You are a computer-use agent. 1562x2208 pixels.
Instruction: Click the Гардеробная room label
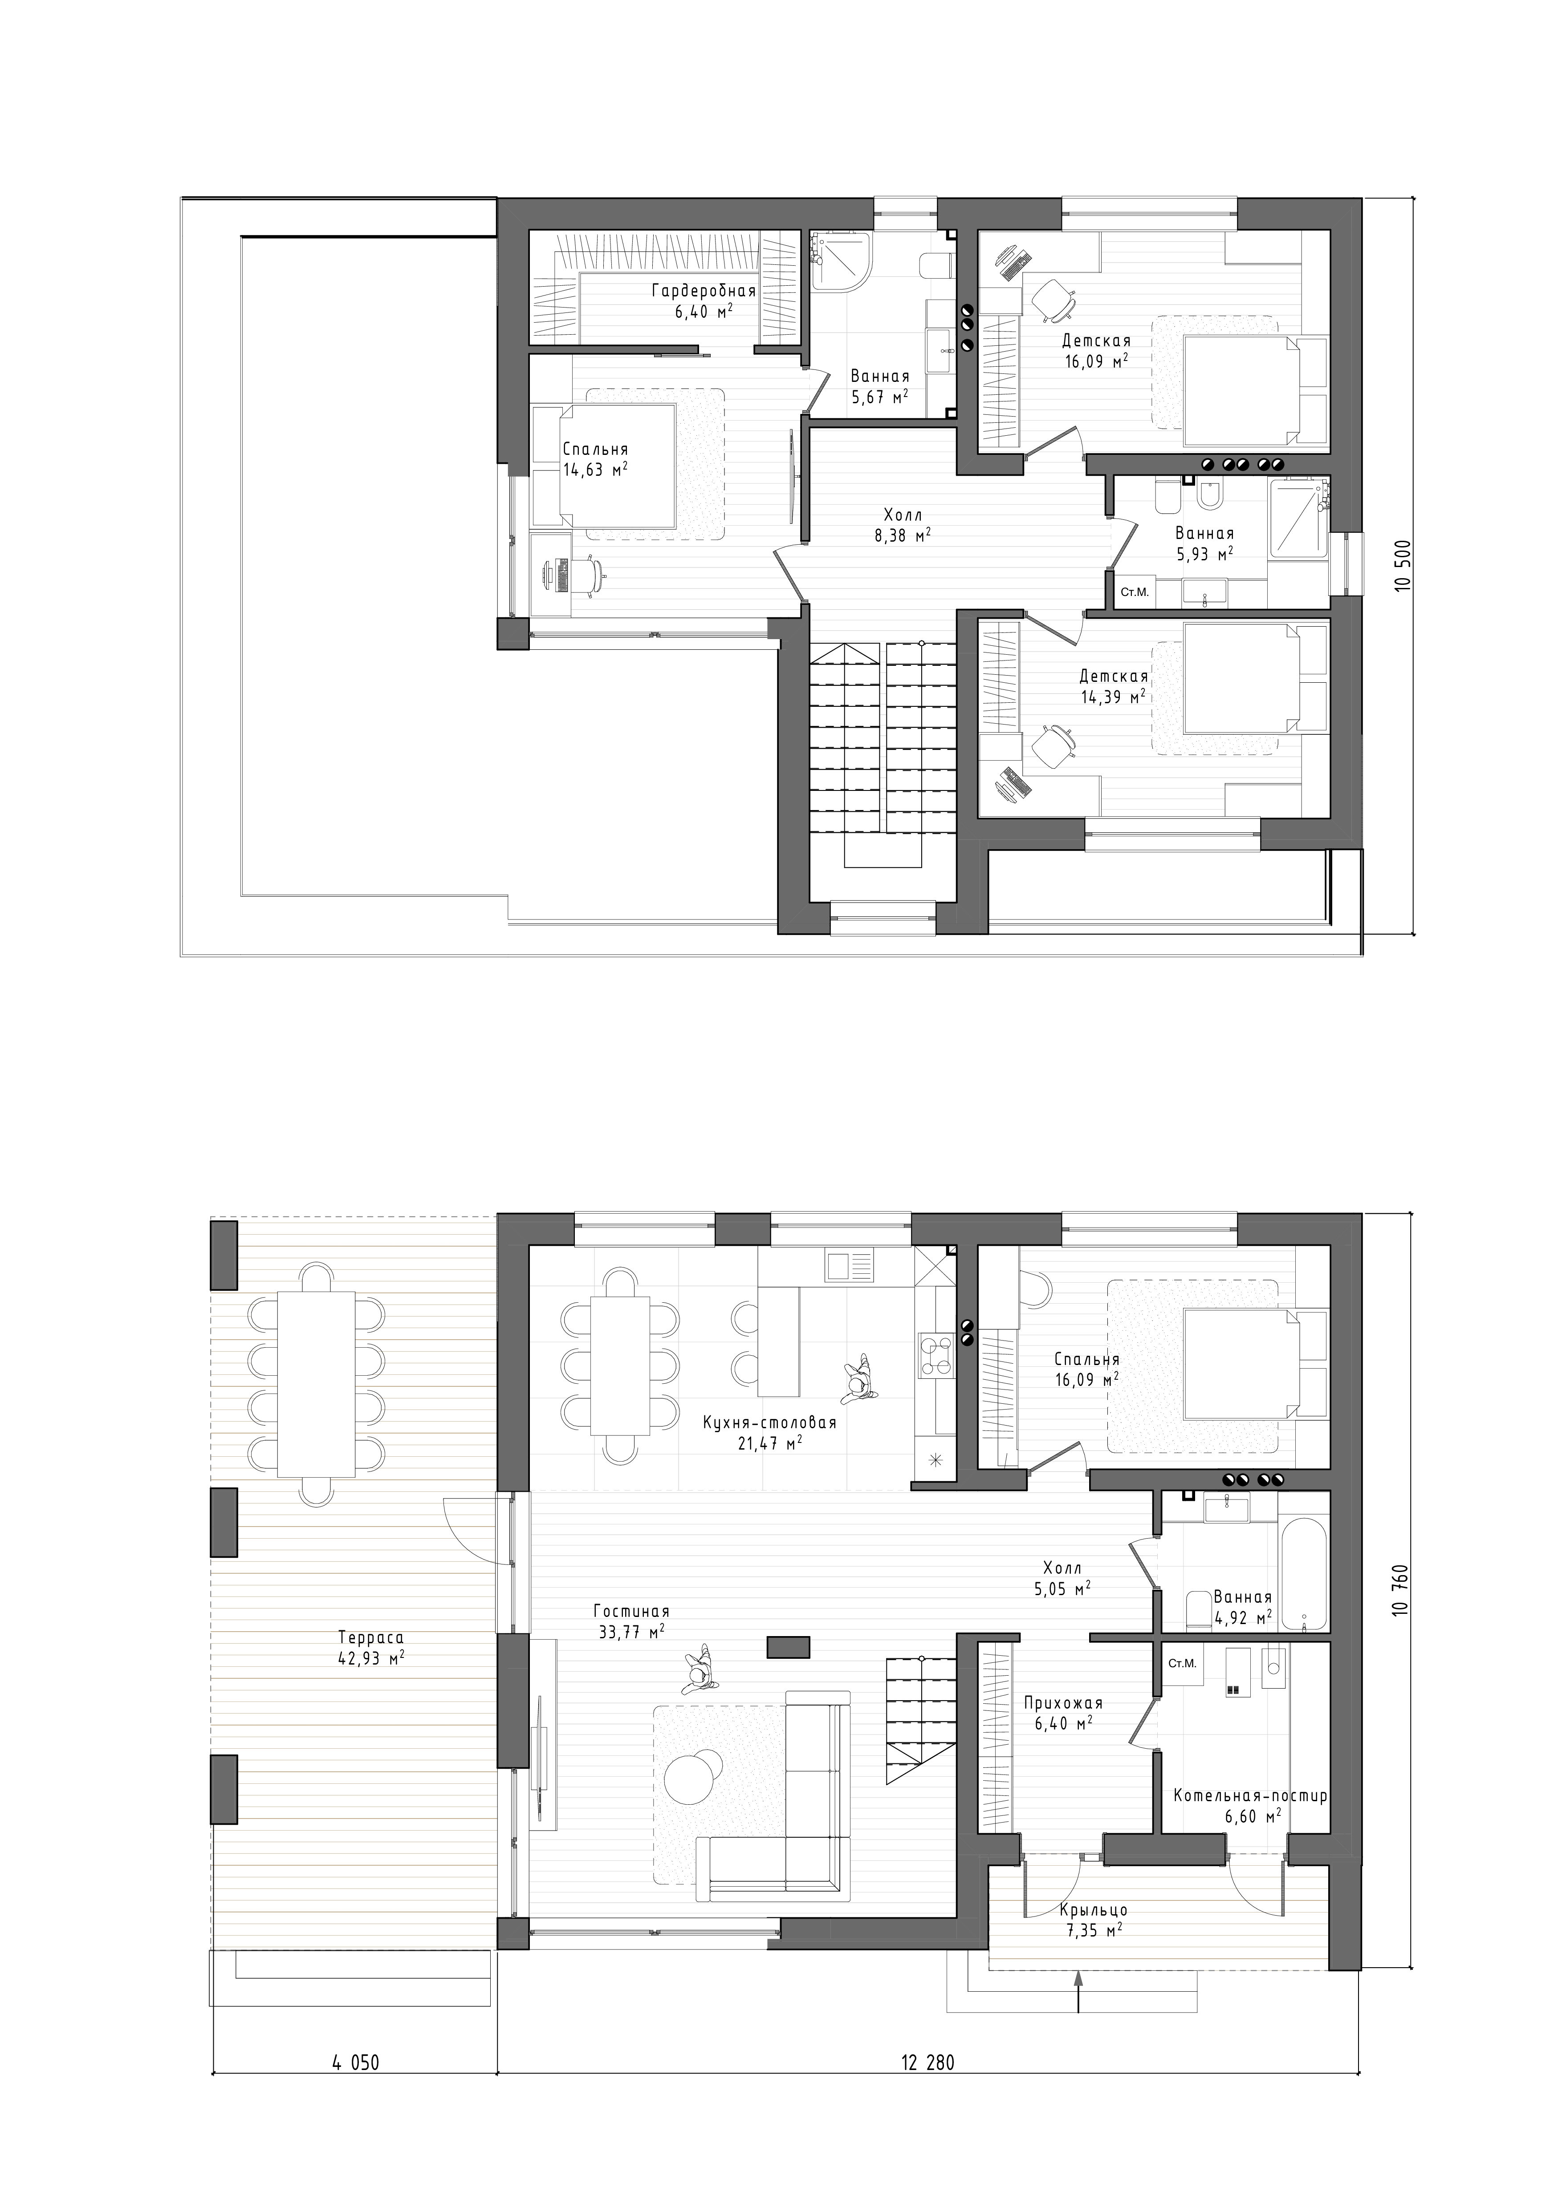[x=703, y=291]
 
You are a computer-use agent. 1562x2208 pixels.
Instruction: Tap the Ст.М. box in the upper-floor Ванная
[x=1135, y=592]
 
